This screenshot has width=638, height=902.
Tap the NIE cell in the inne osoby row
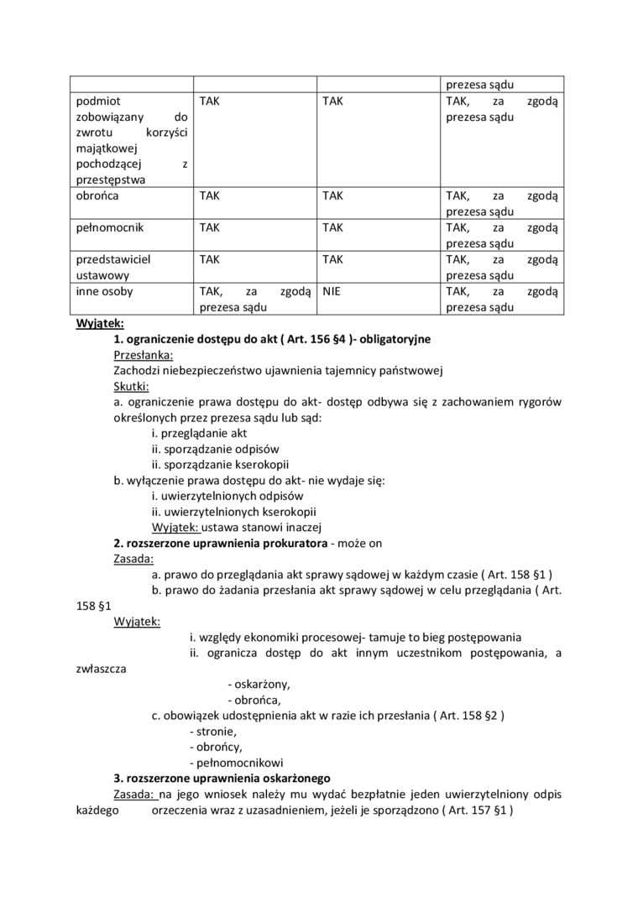tap(332, 292)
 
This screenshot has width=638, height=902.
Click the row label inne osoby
tap(102, 292)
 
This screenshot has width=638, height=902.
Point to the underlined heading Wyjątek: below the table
tap(100, 323)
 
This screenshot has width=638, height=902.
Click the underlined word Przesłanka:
tap(143, 355)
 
